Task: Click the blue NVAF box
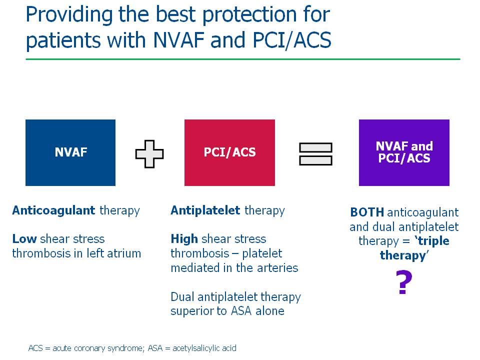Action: (70, 152)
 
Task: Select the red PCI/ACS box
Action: (229, 152)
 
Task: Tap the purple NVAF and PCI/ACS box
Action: (404, 152)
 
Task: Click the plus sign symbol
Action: (149, 154)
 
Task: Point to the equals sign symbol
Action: (315, 154)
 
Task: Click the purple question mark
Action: (404, 282)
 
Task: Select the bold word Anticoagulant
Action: (53, 210)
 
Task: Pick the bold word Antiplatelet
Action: (205, 210)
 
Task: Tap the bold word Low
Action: (24, 239)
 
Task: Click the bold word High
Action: (184, 239)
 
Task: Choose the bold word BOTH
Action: (367, 212)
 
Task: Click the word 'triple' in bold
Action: (432, 241)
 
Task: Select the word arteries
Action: (277, 268)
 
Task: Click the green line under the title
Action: (243, 59)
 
